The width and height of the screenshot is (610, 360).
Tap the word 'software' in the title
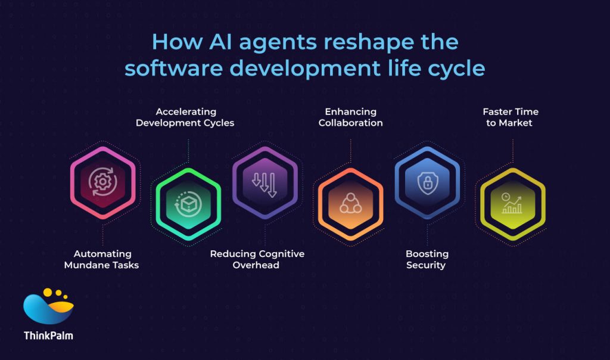[173, 68]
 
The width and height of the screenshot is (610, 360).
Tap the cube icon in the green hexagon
[188, 204]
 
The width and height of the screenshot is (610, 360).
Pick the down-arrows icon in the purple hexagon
[264, 184]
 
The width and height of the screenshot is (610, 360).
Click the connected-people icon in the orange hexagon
[350, 204]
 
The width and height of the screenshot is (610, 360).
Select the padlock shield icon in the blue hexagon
[427, 182]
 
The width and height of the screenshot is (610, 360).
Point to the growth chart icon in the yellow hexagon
[512, 204]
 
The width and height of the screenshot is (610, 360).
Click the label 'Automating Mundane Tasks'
[101, 259]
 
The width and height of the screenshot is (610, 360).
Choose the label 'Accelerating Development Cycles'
[185, 117]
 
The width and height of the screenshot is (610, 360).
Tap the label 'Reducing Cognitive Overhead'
[257, 259]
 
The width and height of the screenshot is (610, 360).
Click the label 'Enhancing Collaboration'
[350, 117]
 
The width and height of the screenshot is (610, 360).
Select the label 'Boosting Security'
[427, 259]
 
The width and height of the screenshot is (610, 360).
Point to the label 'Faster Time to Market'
[511, 117]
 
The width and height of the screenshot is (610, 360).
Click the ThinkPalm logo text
[49, 336]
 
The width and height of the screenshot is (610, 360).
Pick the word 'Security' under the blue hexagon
[426, 265]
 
